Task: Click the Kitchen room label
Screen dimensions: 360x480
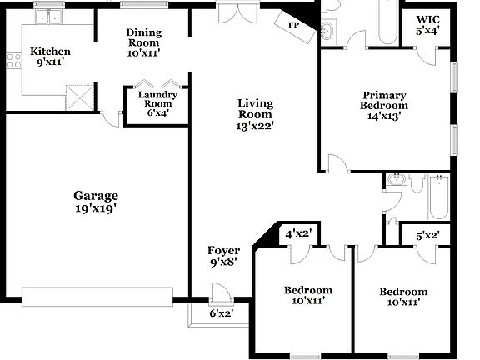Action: (50, 52)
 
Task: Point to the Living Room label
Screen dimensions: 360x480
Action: (255, 109)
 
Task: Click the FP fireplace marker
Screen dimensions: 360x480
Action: (293, 26)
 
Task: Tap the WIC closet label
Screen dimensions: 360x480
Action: (427, 20)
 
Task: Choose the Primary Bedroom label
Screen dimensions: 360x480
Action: (383, 101)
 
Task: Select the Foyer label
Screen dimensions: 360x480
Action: (223, 250)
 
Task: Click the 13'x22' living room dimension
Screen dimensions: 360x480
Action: (255, 127)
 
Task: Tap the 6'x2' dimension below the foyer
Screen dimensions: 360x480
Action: (221, 313)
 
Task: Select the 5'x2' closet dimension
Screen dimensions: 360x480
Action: (427, 236)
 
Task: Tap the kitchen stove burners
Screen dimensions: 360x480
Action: (12, 60)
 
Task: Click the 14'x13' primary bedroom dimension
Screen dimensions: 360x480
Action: (384, 117)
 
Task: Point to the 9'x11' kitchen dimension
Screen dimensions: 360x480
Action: (50, 62)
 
